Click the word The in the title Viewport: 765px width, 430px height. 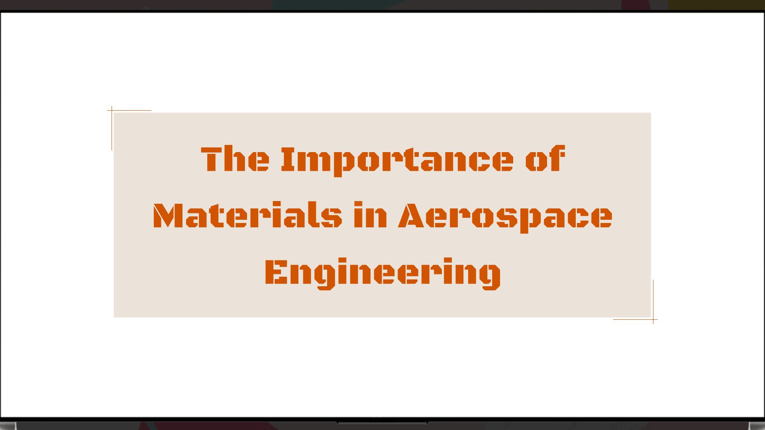[x=235, y=159]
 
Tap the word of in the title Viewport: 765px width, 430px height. [x=545, y=159]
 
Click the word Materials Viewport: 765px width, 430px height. [x=247, y=216]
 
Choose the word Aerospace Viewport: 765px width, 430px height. [x=505, y=217]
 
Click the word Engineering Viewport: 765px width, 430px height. [x=382, y=273]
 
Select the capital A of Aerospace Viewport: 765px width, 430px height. [x=410, y=216]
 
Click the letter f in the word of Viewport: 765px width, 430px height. [x=556, y=158]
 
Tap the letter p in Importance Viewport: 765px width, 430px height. [x=342, y=163]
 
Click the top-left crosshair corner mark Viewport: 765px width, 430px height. [x=112, y=110]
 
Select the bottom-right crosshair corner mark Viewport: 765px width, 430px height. [x=653, y=319]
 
